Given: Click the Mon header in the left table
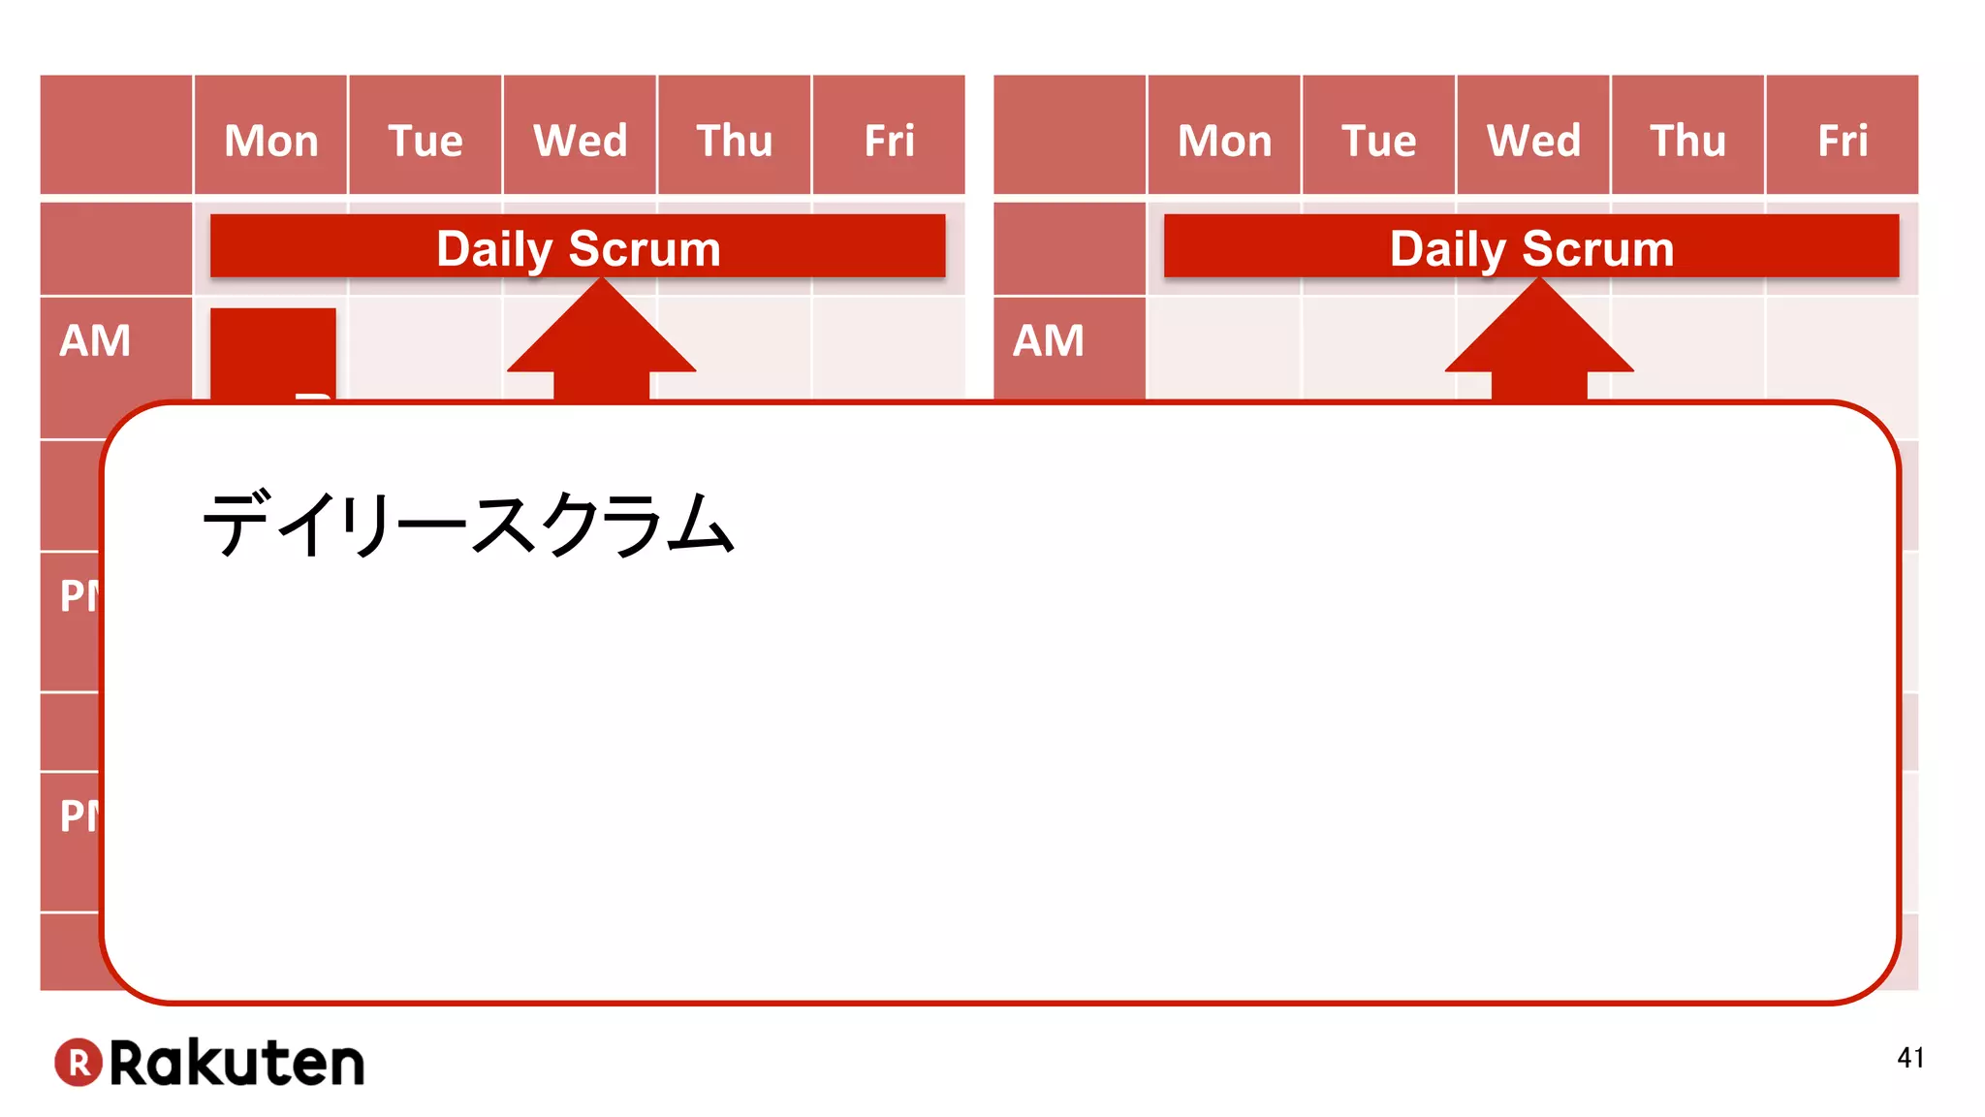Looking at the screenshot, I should point(271,141).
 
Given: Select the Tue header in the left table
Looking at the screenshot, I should point(425,141).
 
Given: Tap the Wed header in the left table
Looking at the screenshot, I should point(580,141).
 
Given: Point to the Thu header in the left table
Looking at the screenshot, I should point(735,141).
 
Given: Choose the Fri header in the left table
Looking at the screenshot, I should point(889,141).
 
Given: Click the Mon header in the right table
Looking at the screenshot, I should point(1224,141).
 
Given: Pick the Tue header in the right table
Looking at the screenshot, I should point(1378,141).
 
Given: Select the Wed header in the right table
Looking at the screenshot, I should point(1533,141).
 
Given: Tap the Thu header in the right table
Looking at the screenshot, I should point(1688,141).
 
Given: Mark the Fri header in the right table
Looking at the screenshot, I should point(1843,141).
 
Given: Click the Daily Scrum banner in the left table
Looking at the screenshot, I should point(578,247).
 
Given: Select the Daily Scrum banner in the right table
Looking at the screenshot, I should point(1531,247).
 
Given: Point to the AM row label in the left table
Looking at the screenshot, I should point(95,341).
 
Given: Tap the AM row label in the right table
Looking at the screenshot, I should point(1049,341).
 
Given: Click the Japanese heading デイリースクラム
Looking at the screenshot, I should point(467,525).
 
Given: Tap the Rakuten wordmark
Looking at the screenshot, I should point(236,1063).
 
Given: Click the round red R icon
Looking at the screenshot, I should point(79,1063).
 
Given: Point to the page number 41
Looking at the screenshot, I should point(1910,1057).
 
